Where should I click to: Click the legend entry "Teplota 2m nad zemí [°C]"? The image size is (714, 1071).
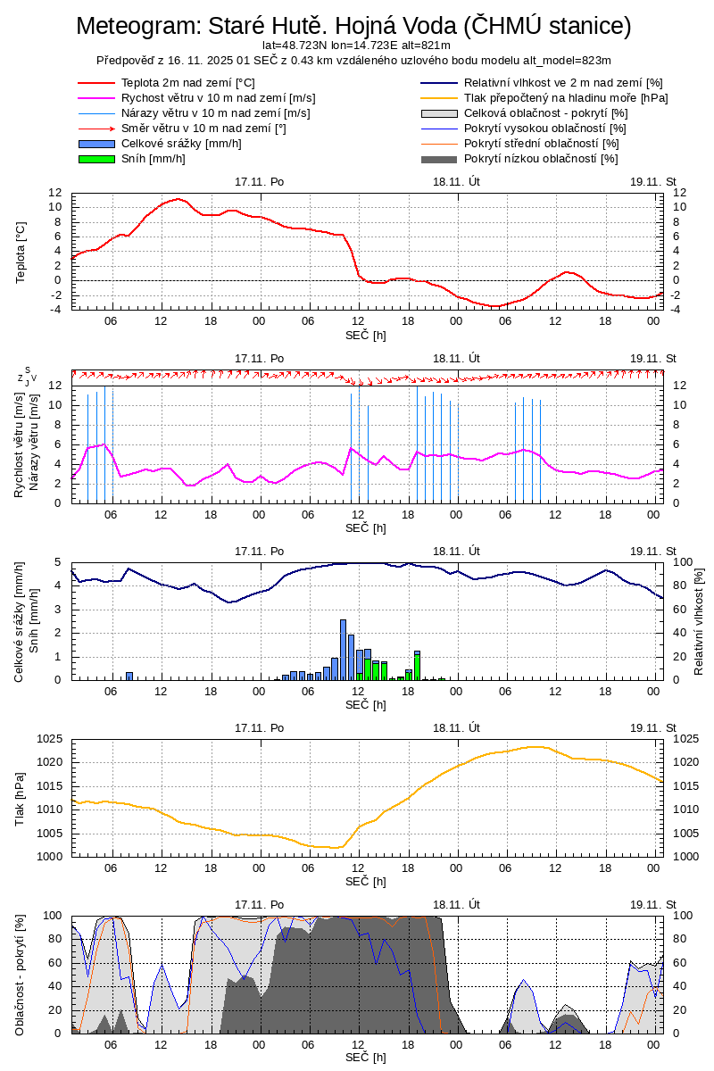pyautogui.click(x=187, y=83)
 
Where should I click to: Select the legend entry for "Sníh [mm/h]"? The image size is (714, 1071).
pyautogui.click(x=153, y=159)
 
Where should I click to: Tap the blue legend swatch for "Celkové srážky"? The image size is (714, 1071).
pyautogui.click(x=96, y=144)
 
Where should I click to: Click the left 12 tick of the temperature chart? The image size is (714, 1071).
pyautogui.click(x=55, y=193)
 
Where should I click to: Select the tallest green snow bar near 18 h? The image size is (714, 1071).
pyautogui.click(x=417, y=666)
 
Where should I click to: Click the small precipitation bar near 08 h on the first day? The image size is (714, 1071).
pyautogui.click(x=129, y=676)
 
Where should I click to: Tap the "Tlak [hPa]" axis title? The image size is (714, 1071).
pyautogui.click(x=21, y=798)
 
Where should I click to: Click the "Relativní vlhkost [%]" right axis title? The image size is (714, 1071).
pyautogui.click(x=699, y=620)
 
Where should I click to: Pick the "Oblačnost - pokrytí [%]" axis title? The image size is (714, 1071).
pyautogui.click(x=21, y=975)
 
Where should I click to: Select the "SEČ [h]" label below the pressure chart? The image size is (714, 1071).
pyautogui.click(x=366, y=881)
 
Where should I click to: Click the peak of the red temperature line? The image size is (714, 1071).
pyautogui.click(x=178, y=199)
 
